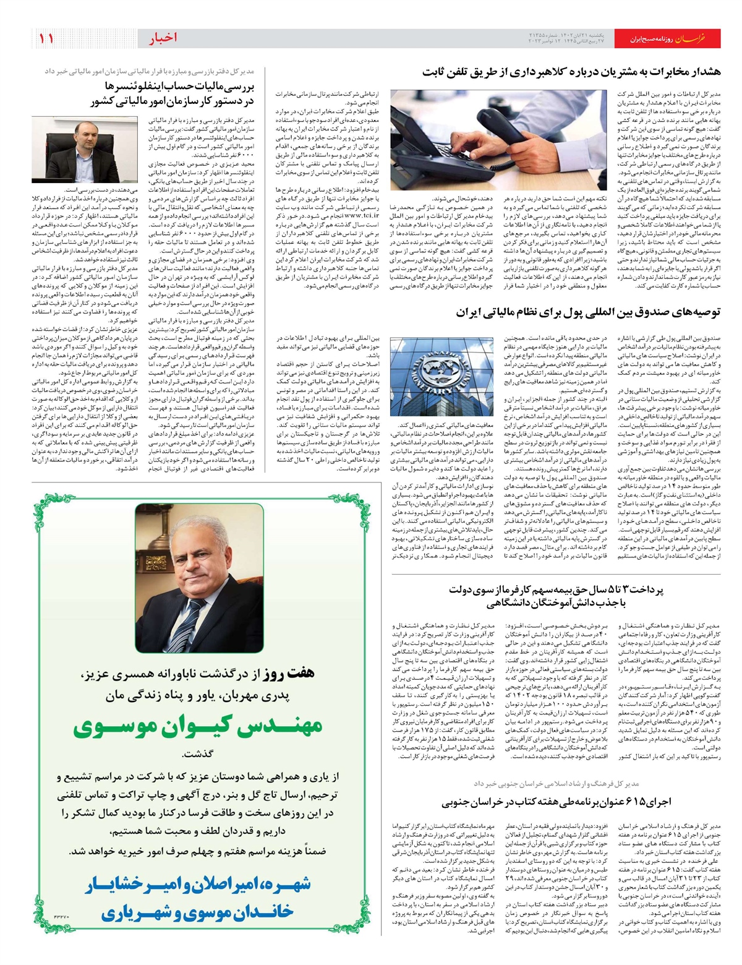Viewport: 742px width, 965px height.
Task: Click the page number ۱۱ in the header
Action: pos(47,38)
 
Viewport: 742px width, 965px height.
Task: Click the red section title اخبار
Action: pos(163,38)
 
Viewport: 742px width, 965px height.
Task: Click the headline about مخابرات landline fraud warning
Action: pos(571,72)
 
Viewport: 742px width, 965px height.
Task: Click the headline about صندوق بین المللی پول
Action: pos(589,313)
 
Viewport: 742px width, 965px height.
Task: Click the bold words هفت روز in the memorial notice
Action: pos(295,674)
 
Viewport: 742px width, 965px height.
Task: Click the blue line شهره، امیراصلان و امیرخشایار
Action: pos(197,885)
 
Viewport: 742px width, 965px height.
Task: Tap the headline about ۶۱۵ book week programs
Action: pos(556,802)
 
